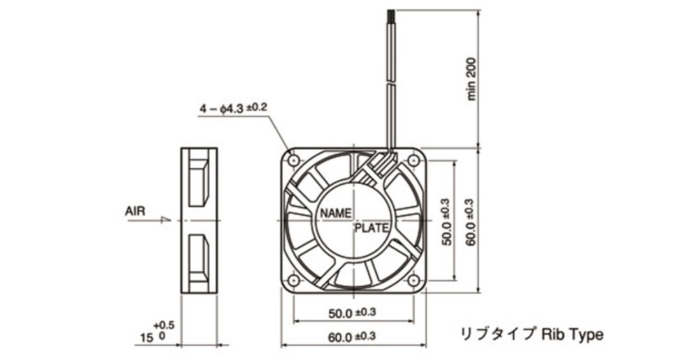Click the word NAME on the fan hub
(x=336, y=213)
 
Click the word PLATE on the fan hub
(x=372, y=229)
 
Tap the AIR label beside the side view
(x=135, y=211)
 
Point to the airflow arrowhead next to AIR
(x=166, y=219)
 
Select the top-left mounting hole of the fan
(x=294, y=160)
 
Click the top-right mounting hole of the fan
(x=413, y=160)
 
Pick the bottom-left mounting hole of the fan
(x=294, y=280)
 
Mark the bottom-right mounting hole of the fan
(x=413, y=280)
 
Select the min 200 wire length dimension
(x=471, y=79)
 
